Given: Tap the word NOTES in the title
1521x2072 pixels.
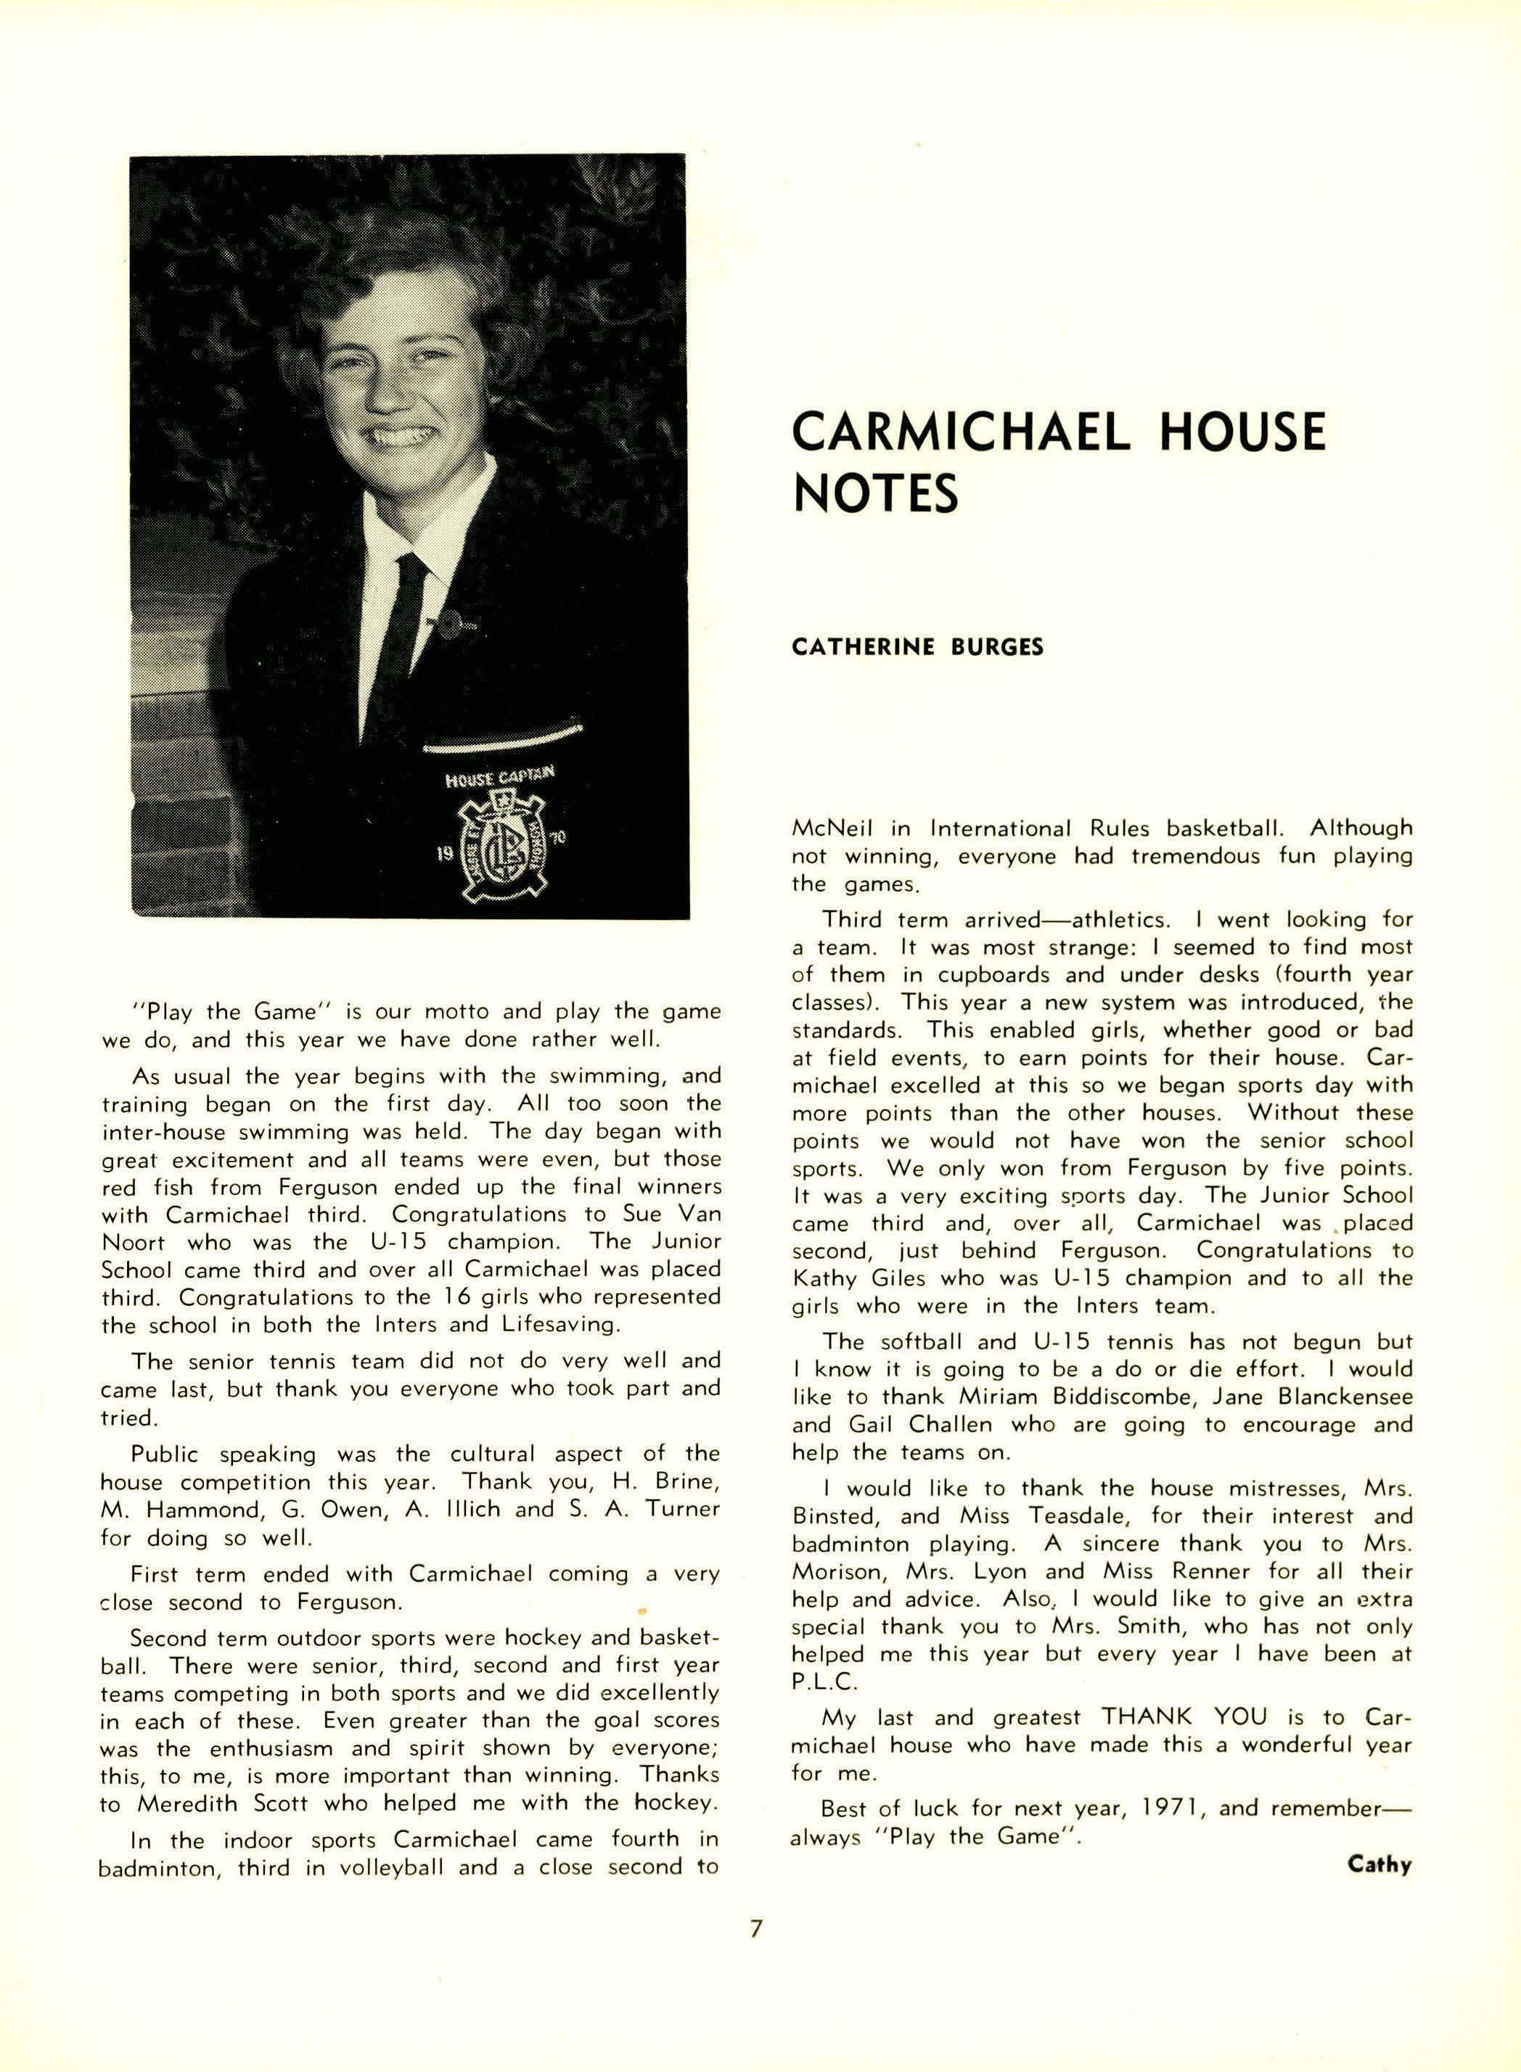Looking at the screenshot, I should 874,493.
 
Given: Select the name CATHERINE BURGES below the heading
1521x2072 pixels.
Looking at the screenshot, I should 917,647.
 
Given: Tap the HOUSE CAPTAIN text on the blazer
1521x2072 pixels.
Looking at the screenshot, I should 500,777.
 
